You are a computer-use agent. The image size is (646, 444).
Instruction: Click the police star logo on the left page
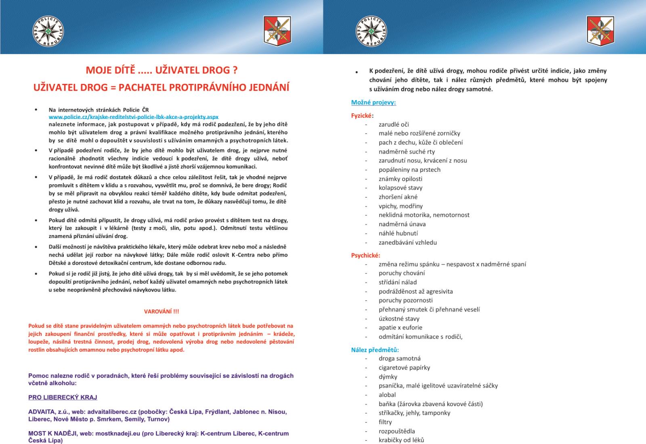[48, 31]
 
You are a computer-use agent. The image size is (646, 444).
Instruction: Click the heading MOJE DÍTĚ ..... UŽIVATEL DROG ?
[161, 70]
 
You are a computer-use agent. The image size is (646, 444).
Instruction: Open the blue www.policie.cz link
[133, 117]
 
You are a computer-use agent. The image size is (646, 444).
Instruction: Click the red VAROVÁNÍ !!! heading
[161, 311]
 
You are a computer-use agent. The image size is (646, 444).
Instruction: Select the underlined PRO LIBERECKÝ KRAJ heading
[63, 397]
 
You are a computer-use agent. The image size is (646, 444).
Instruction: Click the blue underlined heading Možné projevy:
[373, 102]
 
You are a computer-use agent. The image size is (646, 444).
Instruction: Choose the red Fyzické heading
[361, 116]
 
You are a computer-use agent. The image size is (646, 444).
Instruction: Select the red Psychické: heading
[365, 255]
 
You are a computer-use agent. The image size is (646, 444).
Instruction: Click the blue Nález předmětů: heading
[375, 350]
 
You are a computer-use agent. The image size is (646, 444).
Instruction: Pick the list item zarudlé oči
[394, 125]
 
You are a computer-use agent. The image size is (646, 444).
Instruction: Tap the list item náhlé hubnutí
[398, 233]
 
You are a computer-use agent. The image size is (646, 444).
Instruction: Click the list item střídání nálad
[397, 282]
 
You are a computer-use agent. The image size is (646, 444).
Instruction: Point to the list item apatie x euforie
[400, 327]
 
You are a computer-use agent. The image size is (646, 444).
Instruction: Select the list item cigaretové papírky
[404, 367]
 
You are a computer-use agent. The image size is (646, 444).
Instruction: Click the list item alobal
[387, 395]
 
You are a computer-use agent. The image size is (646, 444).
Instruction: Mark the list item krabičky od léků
[401, 440]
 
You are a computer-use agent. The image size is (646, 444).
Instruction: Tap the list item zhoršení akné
[398, 197]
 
